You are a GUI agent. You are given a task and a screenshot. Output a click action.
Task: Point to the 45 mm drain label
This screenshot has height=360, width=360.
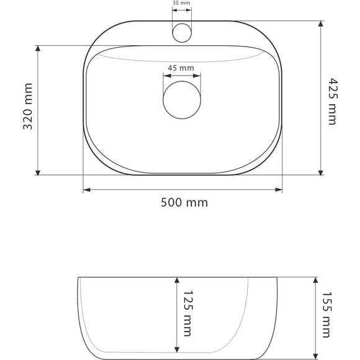pyautogui.click(x=181, y=67)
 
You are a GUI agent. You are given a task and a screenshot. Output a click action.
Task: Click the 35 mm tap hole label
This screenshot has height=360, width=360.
pyautogui.click(x=181, y=3)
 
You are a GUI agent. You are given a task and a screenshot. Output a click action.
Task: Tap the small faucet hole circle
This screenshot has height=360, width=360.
pyautogui.click(x=181, y=31)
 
